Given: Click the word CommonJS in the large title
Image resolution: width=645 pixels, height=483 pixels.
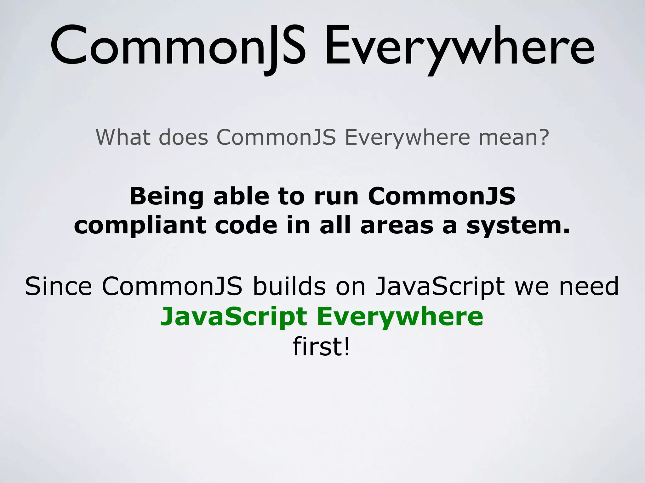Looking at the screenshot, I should coord(178,47).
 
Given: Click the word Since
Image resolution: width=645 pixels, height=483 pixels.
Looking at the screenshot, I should coord(58,286).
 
